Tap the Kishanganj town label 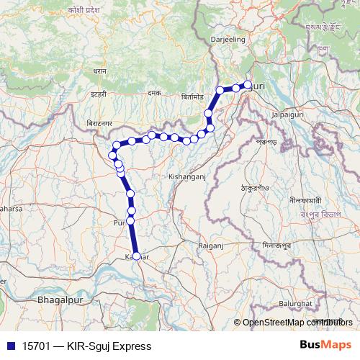(x=187, y=175)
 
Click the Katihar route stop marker (x=136, y=256)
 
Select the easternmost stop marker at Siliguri (x=248, y=85)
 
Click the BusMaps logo (x=326, y=346)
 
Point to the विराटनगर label (x=99, y=123)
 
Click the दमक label (x=153, y=93)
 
